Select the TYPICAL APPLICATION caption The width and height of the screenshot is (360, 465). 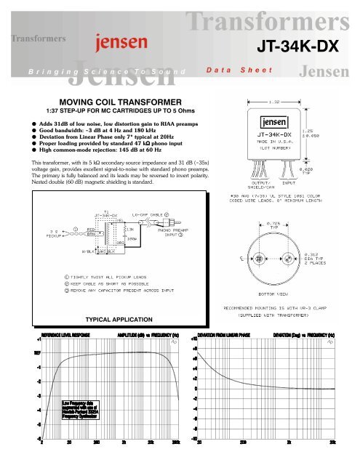118,319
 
